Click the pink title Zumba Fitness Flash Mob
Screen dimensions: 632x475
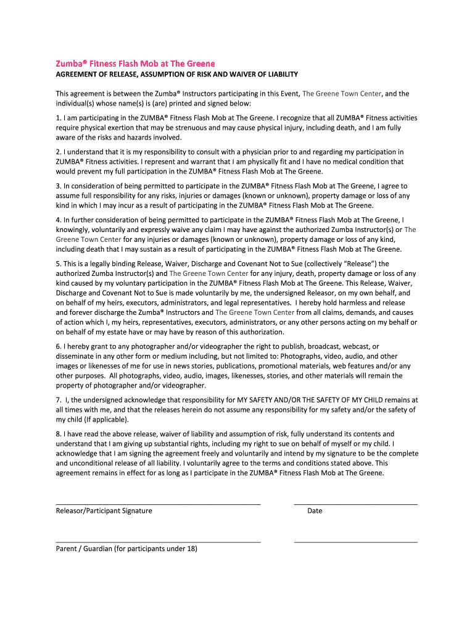coord(135,64)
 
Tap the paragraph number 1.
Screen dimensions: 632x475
coord(58,117)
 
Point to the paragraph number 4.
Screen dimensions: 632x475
coord(58,220)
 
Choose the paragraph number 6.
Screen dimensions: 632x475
coord(58,346)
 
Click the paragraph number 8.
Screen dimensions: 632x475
coord(58,434)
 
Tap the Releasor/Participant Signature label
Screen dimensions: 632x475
coord(104,511)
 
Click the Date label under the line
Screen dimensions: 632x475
coord(315,511)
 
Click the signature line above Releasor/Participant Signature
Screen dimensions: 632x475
coord(158,504)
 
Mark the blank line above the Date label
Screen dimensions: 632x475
coord(355,504)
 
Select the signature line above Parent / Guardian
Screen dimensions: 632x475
coord(158,542)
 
